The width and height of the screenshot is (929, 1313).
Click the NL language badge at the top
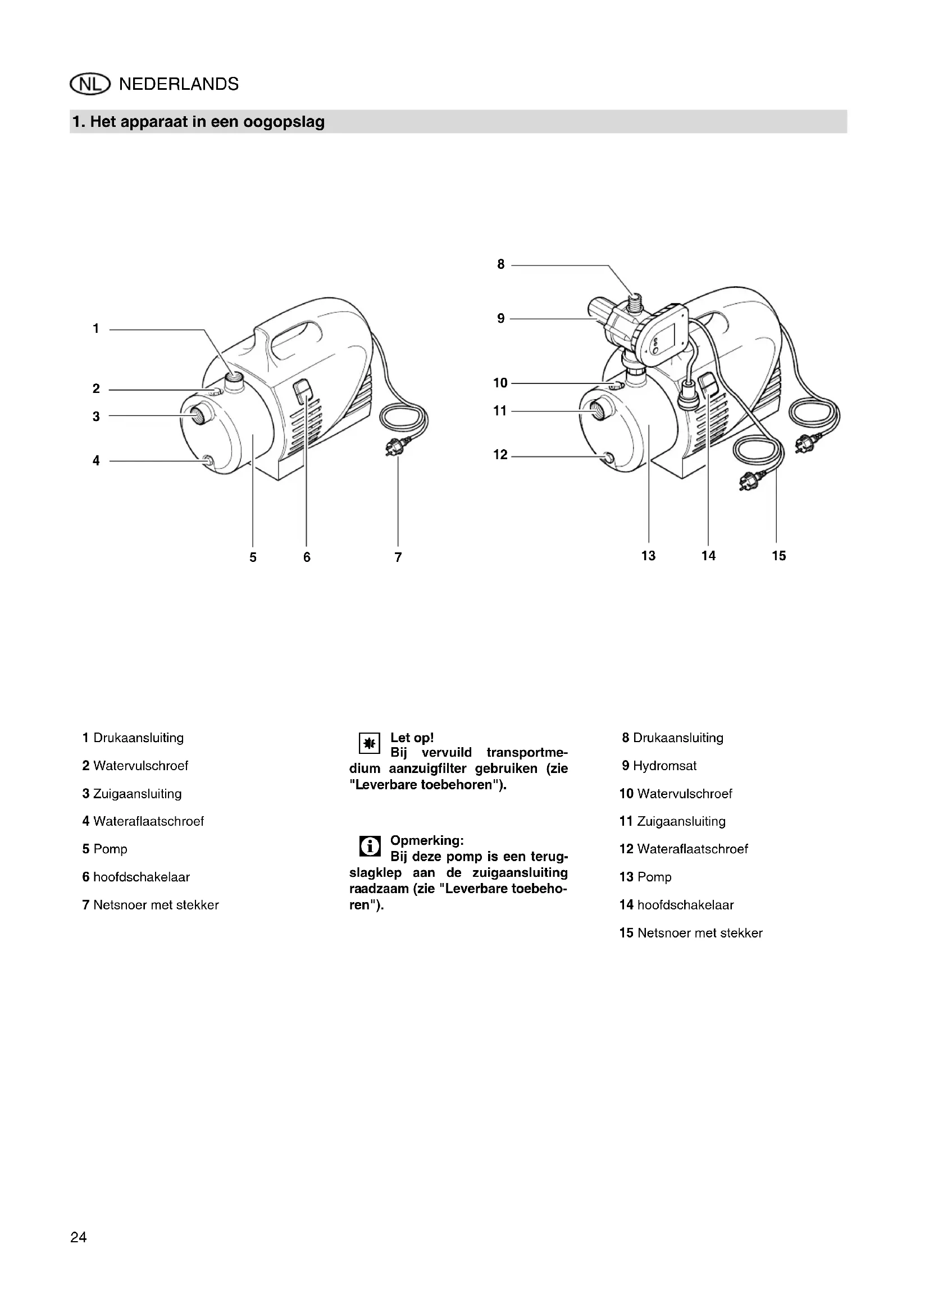(x=89, y=85)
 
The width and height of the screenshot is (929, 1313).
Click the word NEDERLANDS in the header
(x=179, y=85)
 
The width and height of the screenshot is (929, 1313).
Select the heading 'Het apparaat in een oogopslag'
(x=198, y=122)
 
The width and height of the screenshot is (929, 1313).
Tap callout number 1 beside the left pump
(x=96, y=329)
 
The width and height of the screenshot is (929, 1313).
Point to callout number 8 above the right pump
(x=501, y=264)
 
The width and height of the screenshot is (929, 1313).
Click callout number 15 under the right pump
(x=778, y=556)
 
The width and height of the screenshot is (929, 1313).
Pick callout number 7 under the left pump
(x=398, y=557)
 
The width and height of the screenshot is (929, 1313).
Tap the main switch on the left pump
(x=303, y=392)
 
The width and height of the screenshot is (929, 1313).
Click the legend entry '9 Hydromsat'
(x=659, y=766)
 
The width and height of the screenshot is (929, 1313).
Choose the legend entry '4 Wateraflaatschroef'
(x=143, y=821)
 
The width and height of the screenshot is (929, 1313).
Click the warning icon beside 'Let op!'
(x=369, y=743)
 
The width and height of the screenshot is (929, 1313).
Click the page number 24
(x=79, y=1237)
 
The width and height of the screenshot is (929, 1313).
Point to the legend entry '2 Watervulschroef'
(x=135, y=766)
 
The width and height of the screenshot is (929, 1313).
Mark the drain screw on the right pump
(x=607, y=458)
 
